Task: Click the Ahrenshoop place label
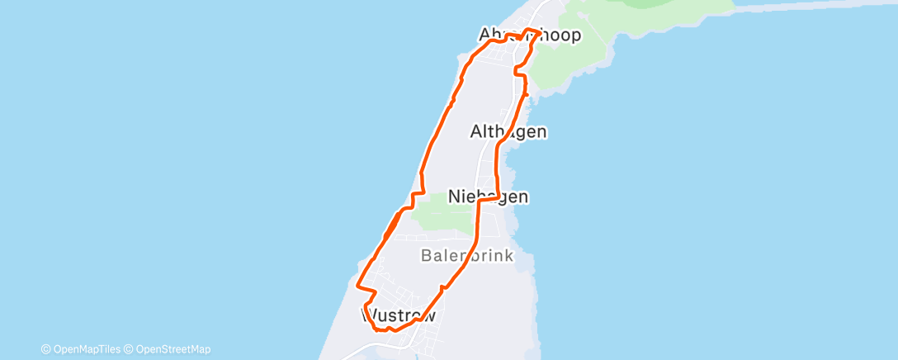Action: tap(530, 36)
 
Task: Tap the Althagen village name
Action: tap(508, 131)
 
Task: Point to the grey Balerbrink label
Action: tap(467, 256)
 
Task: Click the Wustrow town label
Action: tap(398, 315)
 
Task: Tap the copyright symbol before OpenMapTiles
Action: tap(46, 349)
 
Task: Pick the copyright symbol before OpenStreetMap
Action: tap(129, 349)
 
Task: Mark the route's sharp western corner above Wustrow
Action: tap(357, 287)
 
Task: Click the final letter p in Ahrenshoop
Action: tap(575, 36)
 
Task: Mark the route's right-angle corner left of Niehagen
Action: tap(480, 201)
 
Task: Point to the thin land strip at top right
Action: tap(817, 6)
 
